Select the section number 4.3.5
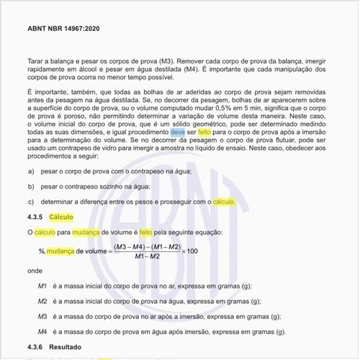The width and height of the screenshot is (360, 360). pyautogui.click(x=36, y=217)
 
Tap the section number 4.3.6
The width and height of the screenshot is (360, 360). pyautogui.click(x=36, y=348)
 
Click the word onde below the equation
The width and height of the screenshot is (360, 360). pyautogui.click(x=35, y=271)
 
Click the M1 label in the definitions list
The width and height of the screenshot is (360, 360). pyautogui.click(x=42, y=286)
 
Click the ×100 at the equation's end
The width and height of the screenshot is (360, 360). pyautogui.click(x=190, y=251)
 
